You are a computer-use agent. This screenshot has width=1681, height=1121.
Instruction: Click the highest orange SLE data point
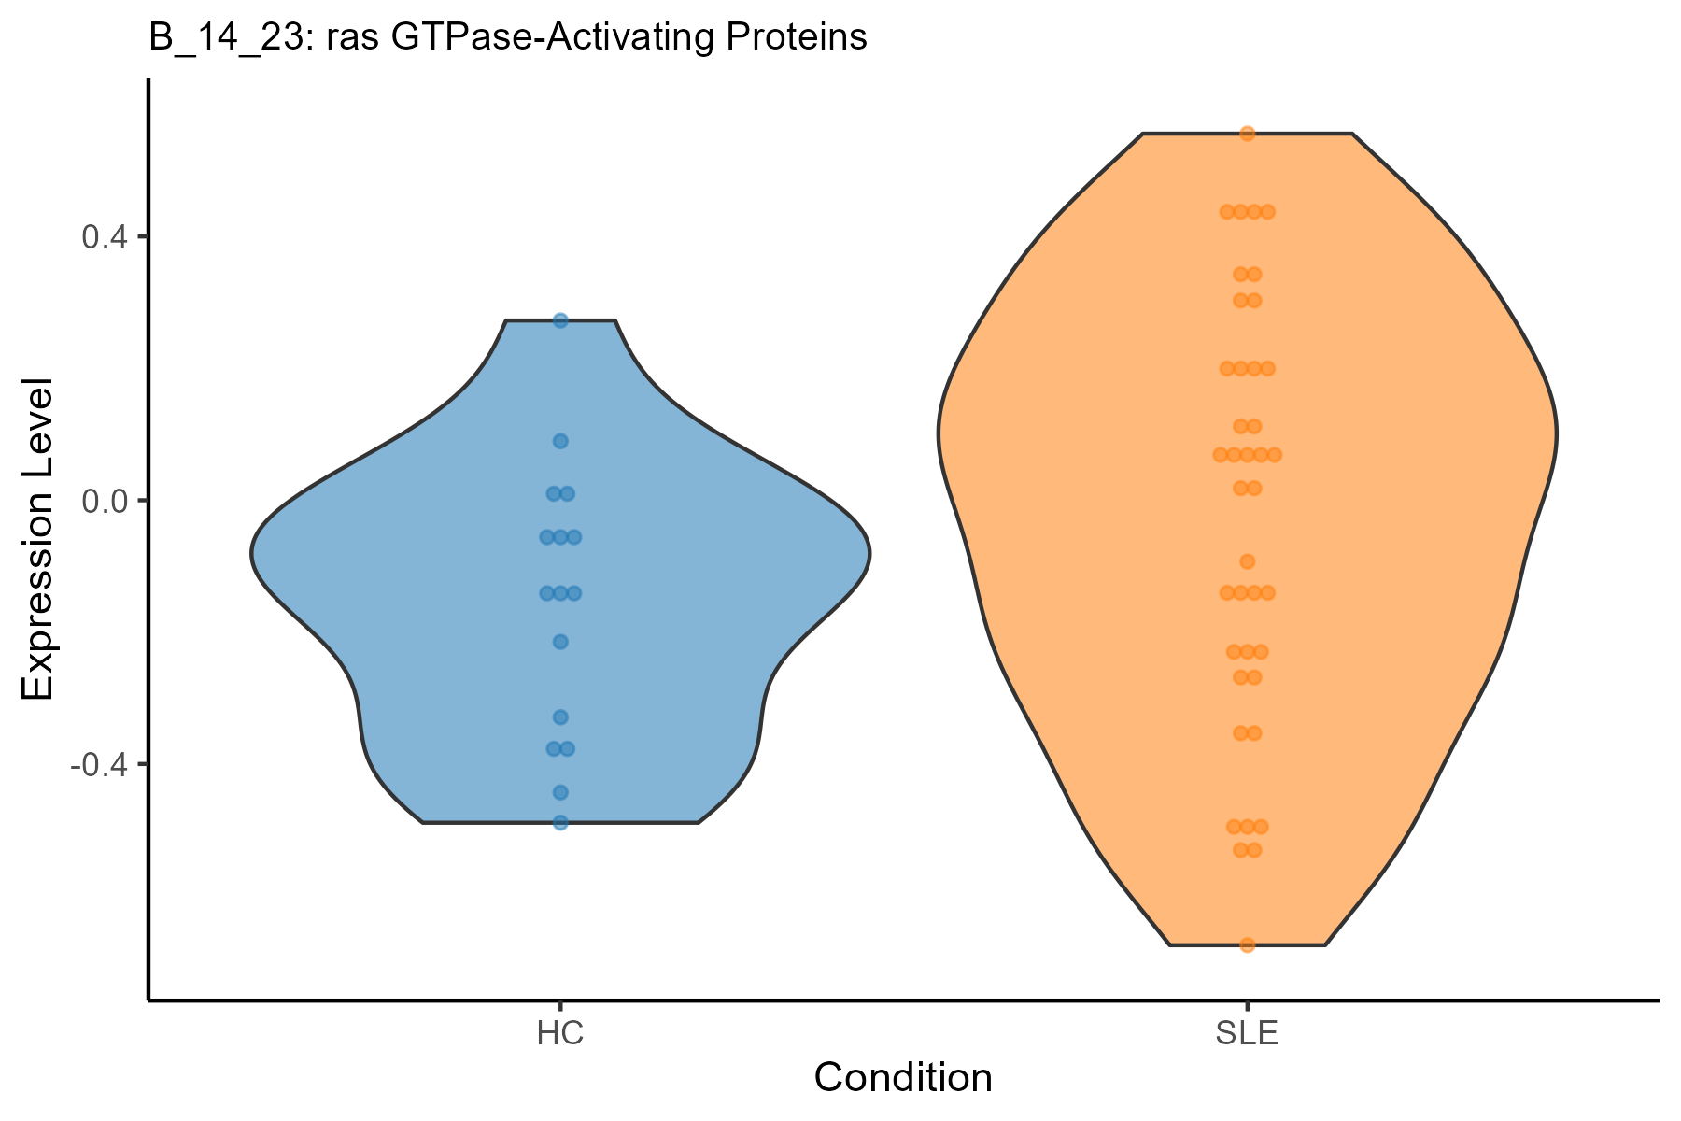coord(1247,134)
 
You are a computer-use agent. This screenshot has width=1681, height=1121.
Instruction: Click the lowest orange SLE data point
coord(1247,944)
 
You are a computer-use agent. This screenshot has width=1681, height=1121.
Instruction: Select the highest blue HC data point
coord(560,320)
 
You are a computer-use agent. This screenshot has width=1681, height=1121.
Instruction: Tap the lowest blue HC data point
coord(560,822)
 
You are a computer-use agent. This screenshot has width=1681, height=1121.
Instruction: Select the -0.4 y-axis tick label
coord(99,764)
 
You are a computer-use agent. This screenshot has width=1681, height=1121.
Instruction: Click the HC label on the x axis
coord(560,1035)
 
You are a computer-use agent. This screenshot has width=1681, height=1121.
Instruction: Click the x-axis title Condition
coord(903,1078)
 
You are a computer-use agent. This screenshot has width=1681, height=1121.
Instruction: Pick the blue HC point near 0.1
coord(560,441)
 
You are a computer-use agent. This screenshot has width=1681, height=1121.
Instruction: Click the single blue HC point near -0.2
coord(560,642)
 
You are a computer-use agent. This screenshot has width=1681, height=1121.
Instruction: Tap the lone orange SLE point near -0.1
coord(1247,561)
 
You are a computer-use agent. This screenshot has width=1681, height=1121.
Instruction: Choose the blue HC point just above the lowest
coord(560,792)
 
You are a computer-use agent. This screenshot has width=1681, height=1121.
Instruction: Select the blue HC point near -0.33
coord(560,717)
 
